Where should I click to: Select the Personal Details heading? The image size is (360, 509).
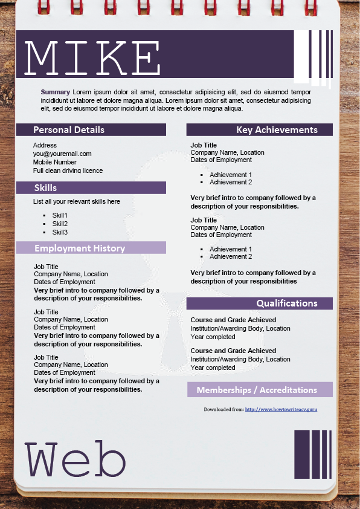(x=68, y=130)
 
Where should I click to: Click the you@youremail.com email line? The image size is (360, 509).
(x=62, y=154)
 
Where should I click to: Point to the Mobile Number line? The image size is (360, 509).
(x=54, y=162)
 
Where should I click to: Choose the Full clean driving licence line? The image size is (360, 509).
(x=68, y=170)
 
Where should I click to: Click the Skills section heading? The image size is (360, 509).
(x=46, y=188)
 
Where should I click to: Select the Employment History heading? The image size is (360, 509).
(x=79, y=248)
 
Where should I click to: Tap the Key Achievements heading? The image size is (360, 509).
(x=277, y=130)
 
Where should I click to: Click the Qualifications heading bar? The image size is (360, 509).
(x=286, y=303)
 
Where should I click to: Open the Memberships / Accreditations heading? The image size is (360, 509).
(x=257, y=390)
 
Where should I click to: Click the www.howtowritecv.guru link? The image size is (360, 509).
(x=281, y=409)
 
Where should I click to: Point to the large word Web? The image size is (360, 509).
(x=75, y=461)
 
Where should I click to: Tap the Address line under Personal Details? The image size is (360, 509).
(x=45, y=145)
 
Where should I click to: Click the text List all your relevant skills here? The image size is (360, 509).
(x=77, y=201)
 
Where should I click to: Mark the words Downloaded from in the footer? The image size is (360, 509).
(x=223, y=409)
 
